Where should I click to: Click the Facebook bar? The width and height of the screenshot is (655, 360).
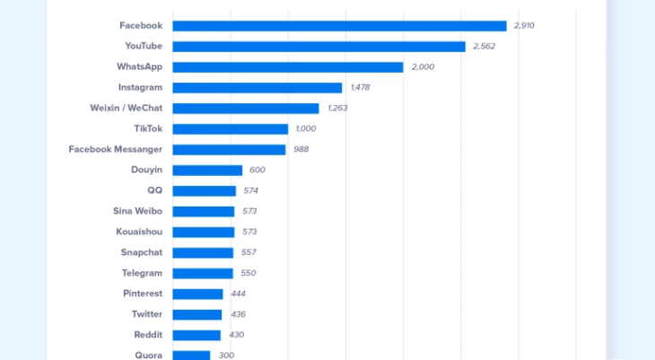(x=339, y=26)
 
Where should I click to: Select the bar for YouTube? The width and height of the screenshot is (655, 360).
(x=319, y=47)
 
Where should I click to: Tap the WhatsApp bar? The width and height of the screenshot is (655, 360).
(x=287, y=67)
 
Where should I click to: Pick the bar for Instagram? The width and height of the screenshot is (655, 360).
(x=257, y=88)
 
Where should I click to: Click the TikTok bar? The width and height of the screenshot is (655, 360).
(x=230, y=129)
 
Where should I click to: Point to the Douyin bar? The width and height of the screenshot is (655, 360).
(x=207, y=171)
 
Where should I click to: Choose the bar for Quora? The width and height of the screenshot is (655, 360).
(x=191, y=356)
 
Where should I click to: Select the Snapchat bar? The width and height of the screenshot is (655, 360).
(x=203, y=252)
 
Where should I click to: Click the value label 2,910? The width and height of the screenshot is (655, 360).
(x=524, y=26)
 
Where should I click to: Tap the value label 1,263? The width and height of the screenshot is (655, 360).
(x=337, y=109)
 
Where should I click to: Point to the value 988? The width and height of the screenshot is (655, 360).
(x=301, y=150)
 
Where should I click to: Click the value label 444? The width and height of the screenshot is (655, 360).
(x=238, y=294)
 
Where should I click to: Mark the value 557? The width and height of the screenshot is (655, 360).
(x=249, y=252)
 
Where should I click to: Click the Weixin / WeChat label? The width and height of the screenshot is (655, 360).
(x=127, y=108)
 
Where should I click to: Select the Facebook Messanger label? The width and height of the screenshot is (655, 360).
(x=116, y=149)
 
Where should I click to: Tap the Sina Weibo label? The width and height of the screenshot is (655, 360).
(x=137, y=211)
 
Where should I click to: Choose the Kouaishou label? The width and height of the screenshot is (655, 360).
(x=139, y=232)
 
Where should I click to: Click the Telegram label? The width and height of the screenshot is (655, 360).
(x=142, y=273)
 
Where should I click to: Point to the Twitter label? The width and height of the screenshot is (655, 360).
(x=146, y=314)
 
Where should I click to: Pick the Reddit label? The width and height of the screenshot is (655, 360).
(x=148, y=335)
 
